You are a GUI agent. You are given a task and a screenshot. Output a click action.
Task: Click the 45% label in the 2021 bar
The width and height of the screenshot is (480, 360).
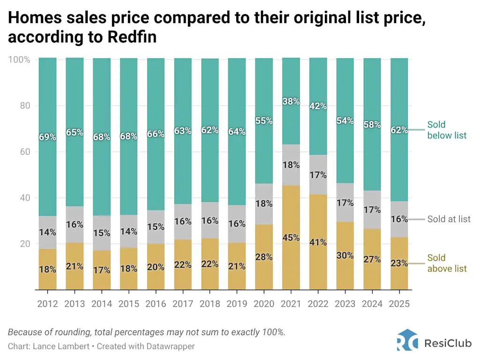(291, 238)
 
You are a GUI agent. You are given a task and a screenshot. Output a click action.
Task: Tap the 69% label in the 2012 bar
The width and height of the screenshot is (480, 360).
(47, 137)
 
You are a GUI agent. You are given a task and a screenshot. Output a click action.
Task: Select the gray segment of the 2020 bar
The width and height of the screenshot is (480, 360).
(263, 204)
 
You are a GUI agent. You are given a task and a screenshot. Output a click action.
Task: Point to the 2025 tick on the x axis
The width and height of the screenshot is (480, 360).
(399, 304)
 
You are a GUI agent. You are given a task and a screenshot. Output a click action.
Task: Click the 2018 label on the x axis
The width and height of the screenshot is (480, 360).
(210, 304)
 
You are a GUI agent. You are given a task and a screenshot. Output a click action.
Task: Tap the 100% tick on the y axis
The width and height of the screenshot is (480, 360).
(19, 60)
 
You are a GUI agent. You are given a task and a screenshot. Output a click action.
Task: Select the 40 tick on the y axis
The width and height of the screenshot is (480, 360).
(24, 198)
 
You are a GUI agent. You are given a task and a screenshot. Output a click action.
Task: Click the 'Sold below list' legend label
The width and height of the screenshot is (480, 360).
(446, 130)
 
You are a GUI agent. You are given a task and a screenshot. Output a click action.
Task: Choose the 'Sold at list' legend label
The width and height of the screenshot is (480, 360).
(449, 219)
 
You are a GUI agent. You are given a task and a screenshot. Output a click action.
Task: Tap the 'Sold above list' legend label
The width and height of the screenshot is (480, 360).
(446, 263)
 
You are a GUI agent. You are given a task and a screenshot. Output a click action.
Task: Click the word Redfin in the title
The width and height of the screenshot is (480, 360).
(132, 37)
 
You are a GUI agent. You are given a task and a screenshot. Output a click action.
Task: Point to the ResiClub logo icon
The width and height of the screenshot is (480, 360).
(407, 340)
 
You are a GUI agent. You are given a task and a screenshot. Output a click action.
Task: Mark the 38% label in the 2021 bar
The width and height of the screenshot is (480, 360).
(291, 101)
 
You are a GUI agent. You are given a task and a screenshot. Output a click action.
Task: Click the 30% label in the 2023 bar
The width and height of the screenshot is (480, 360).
(345, 255)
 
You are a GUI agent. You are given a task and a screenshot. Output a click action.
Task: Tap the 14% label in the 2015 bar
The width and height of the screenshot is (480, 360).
(128, 231)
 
